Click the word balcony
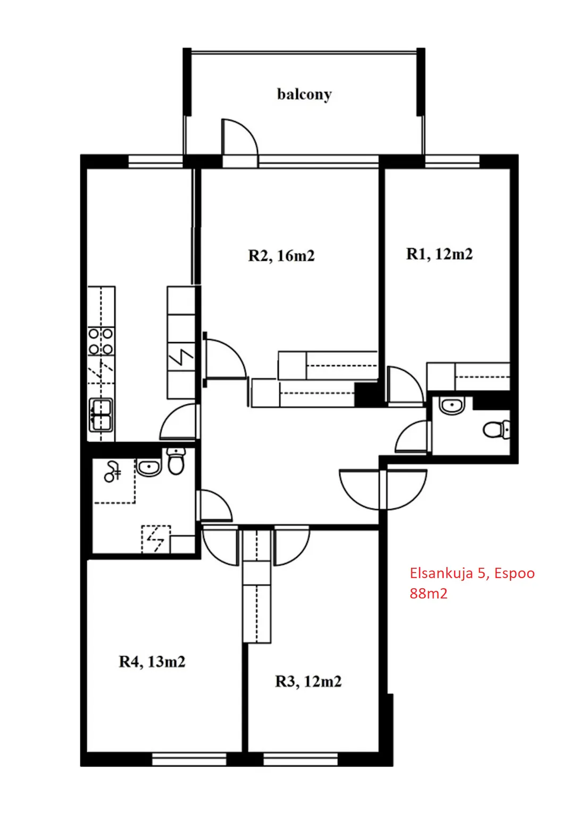point(304,95)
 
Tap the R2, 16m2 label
point(281,256)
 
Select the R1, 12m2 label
point(439,254)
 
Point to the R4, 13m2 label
point(152,661)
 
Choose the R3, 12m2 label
point(308,681)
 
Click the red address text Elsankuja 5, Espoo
point(472,573)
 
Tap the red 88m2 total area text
point(428,593)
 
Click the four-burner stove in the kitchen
point(101,342)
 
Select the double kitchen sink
point(101,415)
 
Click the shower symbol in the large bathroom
point(112,472)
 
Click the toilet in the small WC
point(496,430)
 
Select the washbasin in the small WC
point(452,405)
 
